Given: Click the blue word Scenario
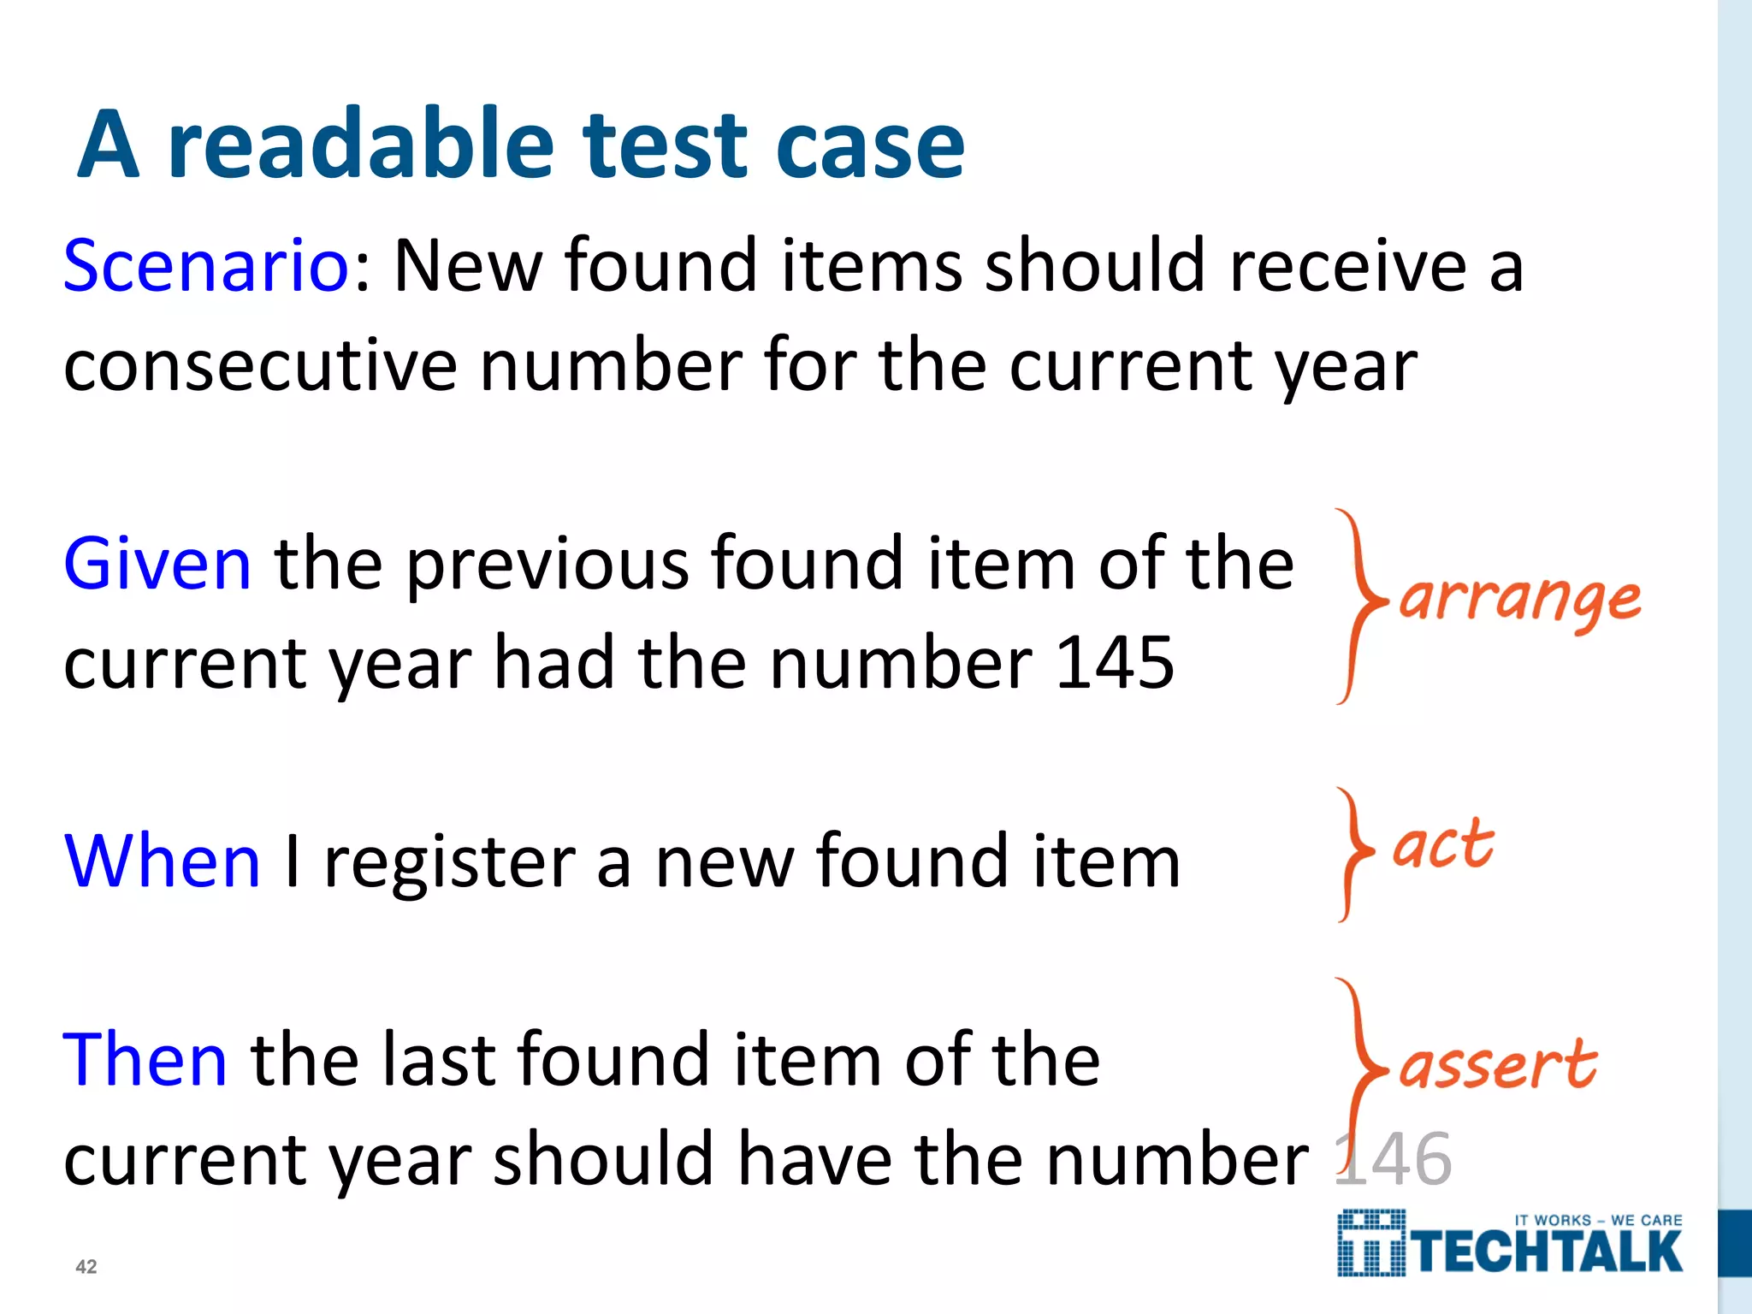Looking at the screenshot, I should point(205,265).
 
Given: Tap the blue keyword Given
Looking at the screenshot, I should point(157,563).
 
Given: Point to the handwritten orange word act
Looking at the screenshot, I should point(1443,845).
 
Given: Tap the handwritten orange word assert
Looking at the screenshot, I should point(1498,1066).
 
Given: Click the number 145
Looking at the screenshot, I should point(1115,662).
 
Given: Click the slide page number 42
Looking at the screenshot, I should point(86,1267).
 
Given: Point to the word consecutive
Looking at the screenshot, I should point(260,366).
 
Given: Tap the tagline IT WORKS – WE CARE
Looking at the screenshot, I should point(1598,1220).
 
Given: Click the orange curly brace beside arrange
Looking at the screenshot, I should point(1358,606).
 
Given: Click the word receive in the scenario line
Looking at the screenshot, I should point(1349,265).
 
